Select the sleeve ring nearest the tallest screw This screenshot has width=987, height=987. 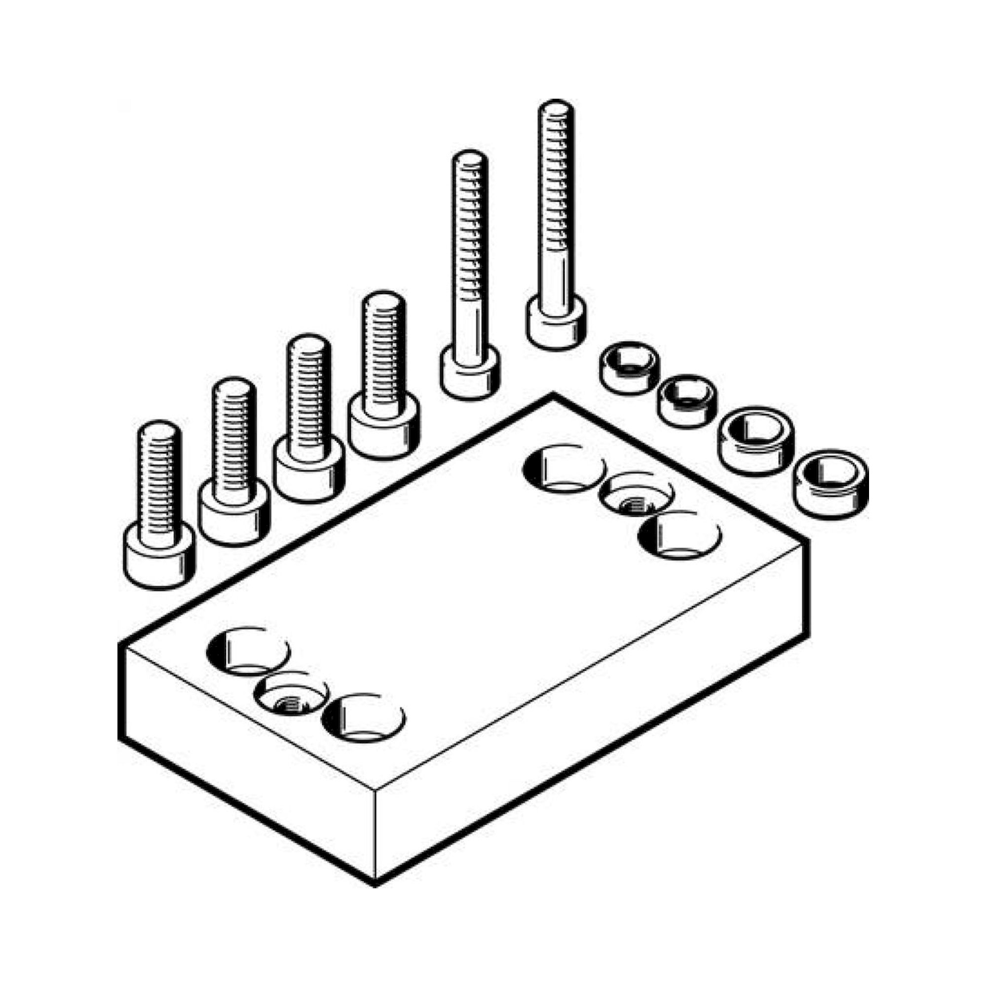tap(629, 367)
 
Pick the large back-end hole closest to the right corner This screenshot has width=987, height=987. tap(680, 534)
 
